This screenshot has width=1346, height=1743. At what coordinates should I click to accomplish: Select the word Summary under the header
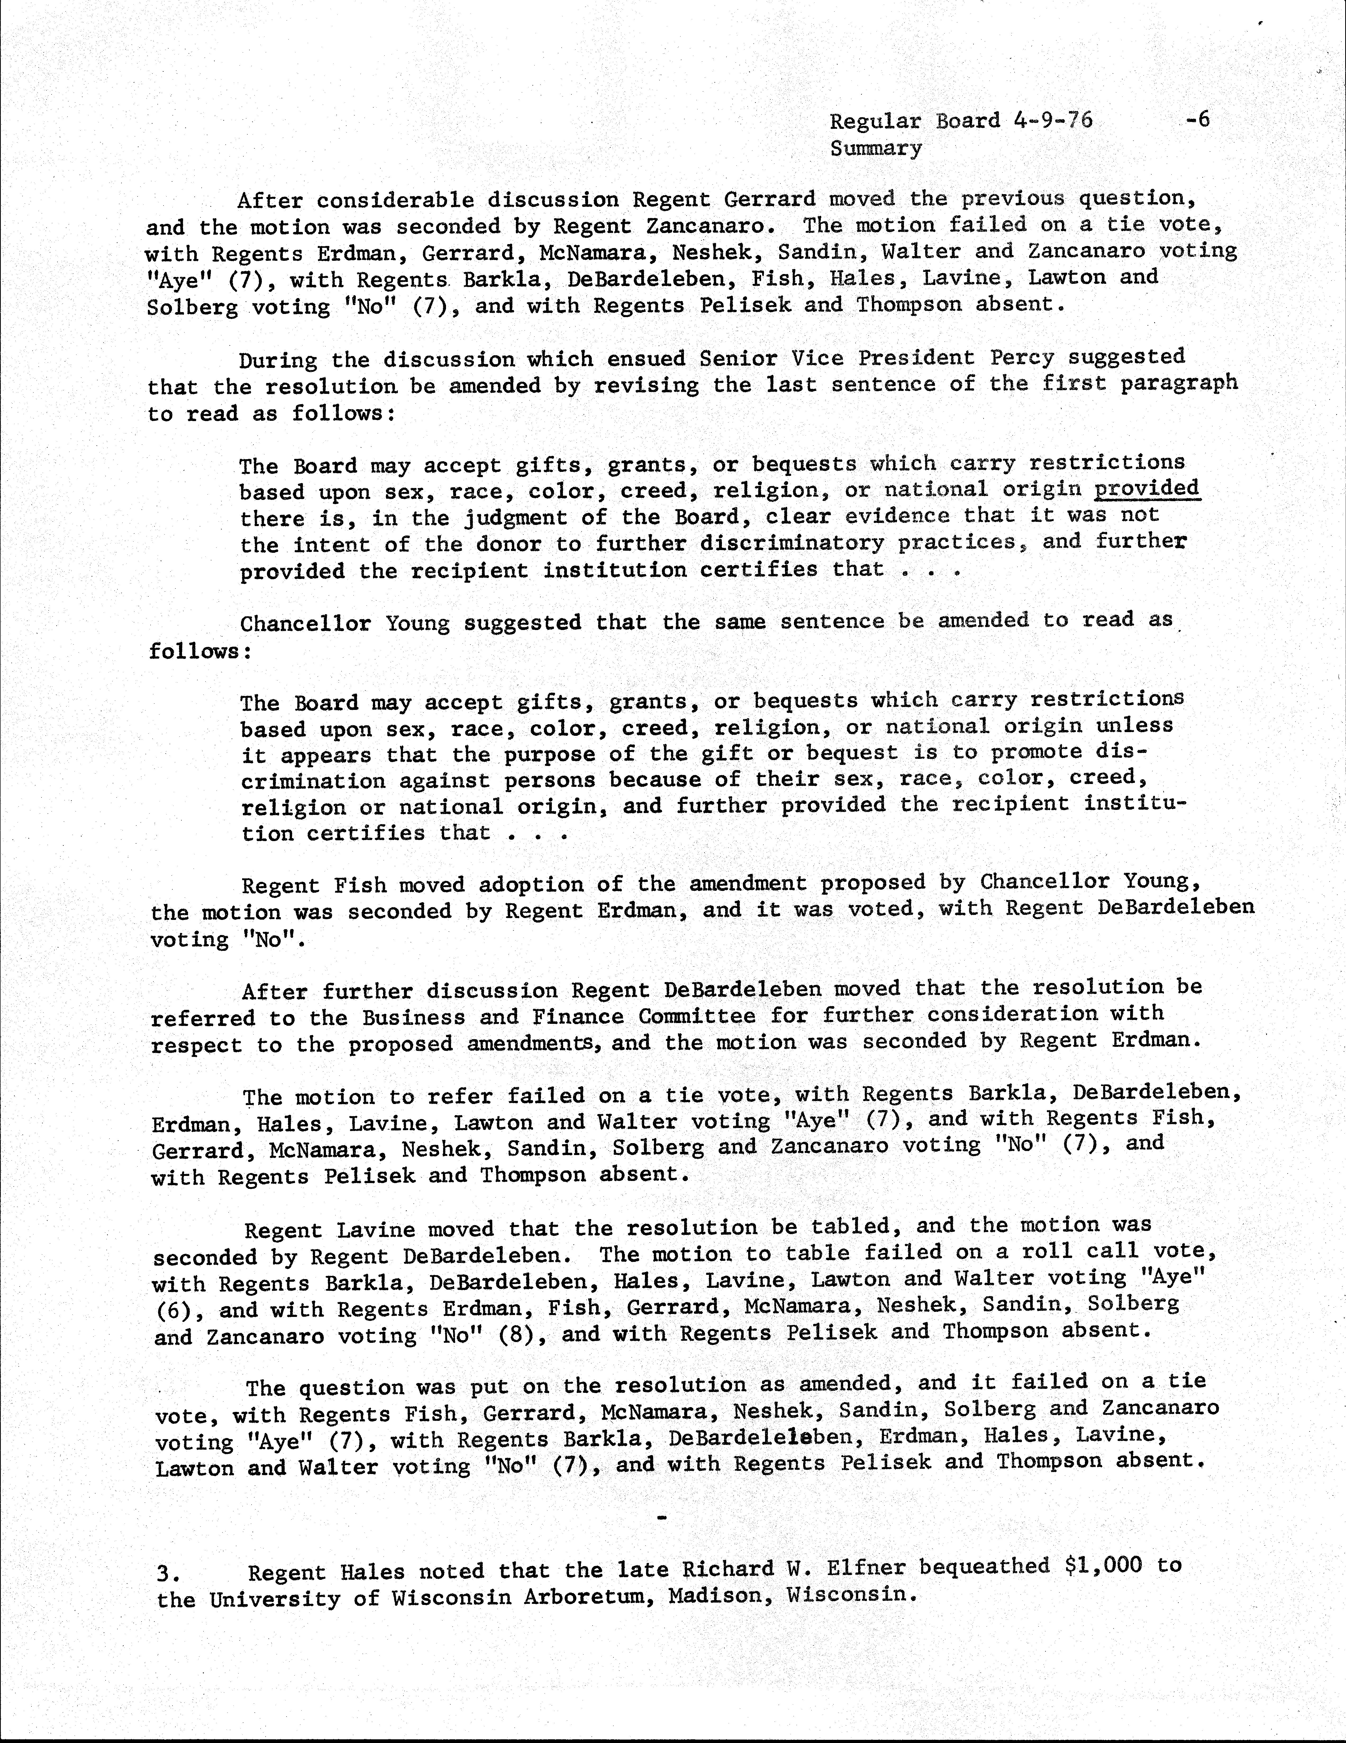(x=876, y=148)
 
